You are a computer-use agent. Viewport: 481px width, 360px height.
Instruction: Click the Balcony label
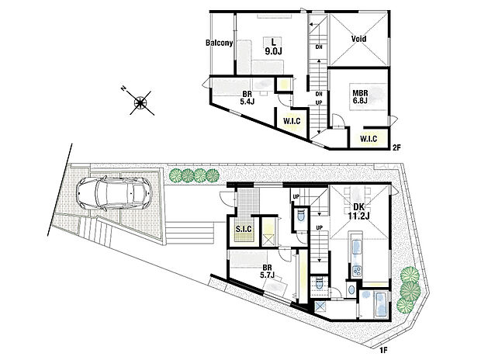pos(220,43)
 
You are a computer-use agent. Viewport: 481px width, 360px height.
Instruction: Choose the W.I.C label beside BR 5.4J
pos(292,121)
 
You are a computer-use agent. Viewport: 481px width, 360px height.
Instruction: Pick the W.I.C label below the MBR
pos(367,140)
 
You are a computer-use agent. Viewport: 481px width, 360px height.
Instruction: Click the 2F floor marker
pos(396,147)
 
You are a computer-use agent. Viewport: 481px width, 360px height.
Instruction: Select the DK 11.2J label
pos(359,212)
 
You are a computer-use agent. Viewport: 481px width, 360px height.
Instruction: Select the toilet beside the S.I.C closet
pos(298,220)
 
